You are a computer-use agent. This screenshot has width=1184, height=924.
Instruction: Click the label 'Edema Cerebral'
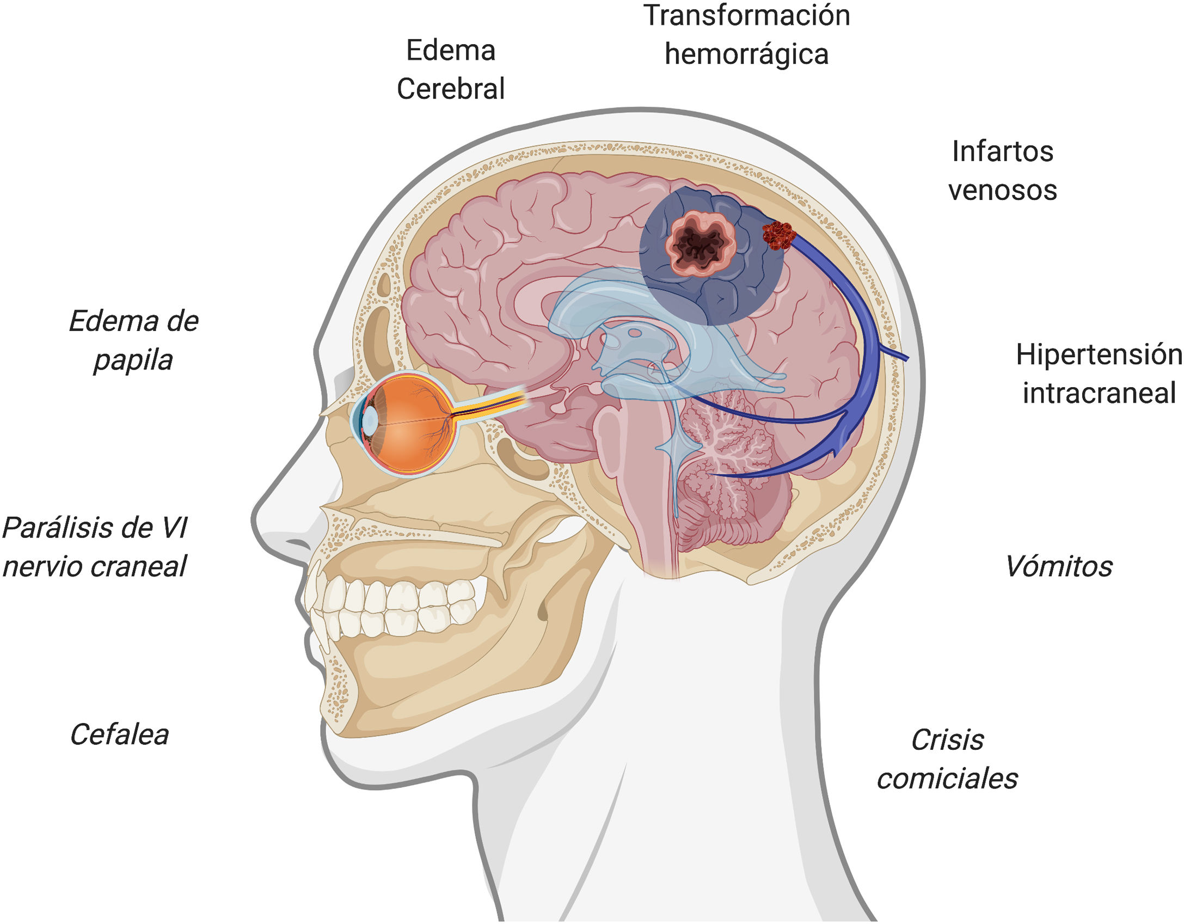[x=451, y=69]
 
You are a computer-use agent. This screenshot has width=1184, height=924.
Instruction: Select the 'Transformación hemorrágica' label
[x=746, y=34]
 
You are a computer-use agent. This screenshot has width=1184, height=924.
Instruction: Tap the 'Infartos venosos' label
[x=1002, y=170]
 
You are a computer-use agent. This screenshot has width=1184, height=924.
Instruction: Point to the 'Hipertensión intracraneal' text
[x=1099, y=374]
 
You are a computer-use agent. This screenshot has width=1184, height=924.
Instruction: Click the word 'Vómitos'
[x=1059, y=566]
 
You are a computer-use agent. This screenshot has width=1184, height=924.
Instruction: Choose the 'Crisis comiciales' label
[x=947, y=759]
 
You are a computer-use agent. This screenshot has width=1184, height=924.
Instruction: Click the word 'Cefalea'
[x=119, y=734]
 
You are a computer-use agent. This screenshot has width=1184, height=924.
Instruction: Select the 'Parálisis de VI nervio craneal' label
[x=95, y=547]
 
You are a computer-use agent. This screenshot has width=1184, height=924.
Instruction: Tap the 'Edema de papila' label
[x=133, y=340]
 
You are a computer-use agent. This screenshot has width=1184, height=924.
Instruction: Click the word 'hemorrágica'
[x=746, y=54]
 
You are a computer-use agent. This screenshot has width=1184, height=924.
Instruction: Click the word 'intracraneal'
[x=1099, y=393]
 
